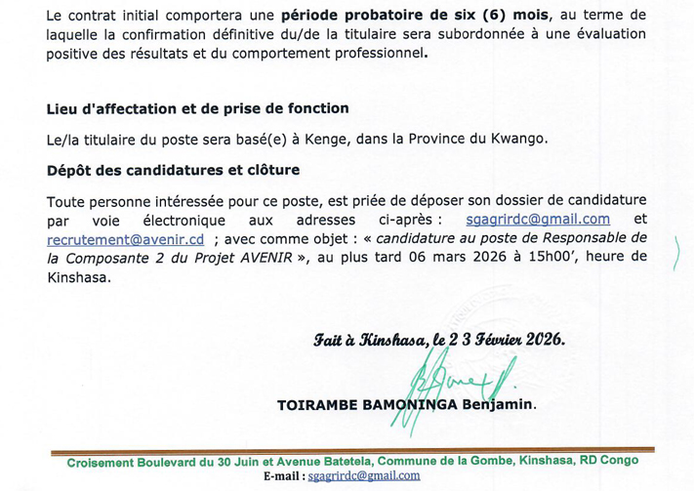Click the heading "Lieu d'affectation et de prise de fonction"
pos(197,107)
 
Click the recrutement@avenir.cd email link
pos(125,238)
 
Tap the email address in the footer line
pos(363,475)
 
